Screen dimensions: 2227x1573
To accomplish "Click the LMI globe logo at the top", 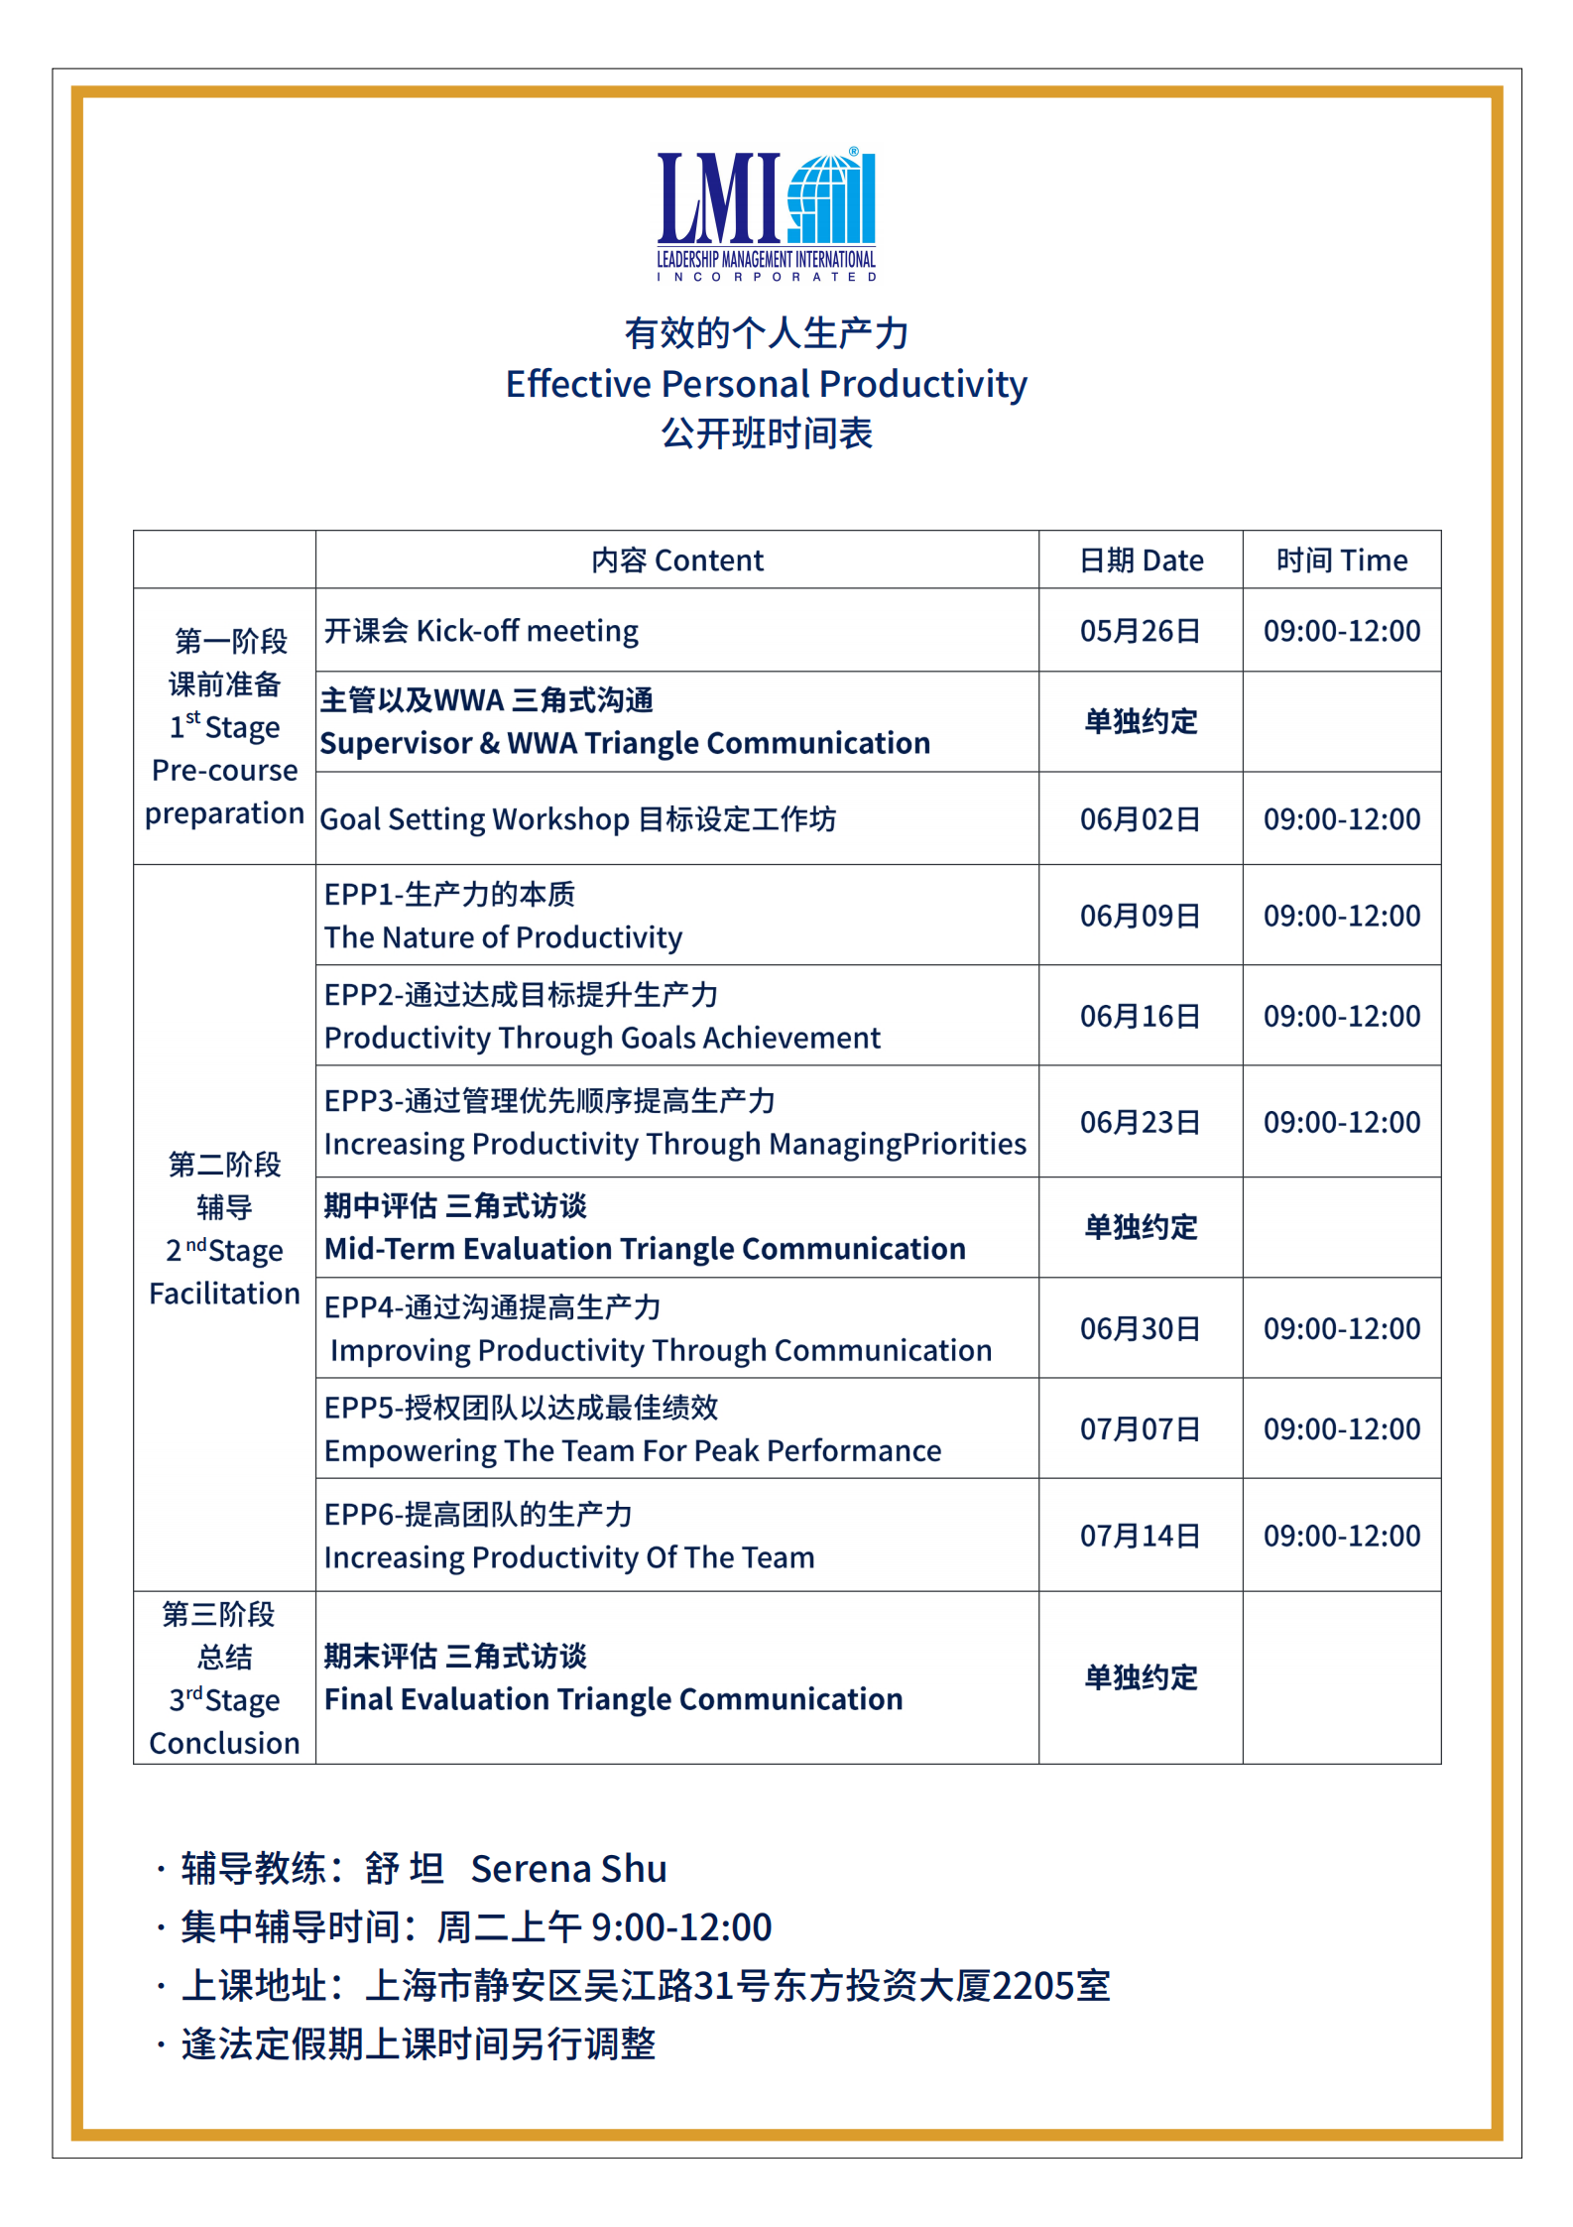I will click(x=767, y=214).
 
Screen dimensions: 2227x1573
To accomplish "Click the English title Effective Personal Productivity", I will click(x=766, y=384).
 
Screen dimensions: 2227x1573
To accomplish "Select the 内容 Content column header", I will click(x=677, y=560).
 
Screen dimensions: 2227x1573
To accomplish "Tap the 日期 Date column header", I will click(x=1141, y=560).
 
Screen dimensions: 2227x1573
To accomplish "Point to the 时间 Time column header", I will click(x=1341, y=560).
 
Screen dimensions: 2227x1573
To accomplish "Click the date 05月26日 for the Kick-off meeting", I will click(x=1141, y=631).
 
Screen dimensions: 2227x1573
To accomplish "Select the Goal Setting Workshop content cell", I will click(x=578, y=819).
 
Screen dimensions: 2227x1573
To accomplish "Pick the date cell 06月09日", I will click(x=1141, y=916).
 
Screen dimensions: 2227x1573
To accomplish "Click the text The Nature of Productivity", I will click(x=504, y=937).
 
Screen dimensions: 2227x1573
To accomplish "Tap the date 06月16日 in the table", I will click(x=1141, y=1016).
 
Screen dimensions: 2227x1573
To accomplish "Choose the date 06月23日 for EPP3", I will click(x=1141, y=1122).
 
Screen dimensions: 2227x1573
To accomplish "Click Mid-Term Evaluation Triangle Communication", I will click(x=645, y=1249).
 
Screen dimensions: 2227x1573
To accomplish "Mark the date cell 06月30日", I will click(x=1141, y=1328).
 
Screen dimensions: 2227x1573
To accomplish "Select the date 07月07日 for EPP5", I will click(x=1141, y=1428).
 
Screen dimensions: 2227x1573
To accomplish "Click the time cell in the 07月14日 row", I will click(x=1341, y=1536).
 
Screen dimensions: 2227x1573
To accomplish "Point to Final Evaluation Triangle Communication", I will click(x=613, y=1699).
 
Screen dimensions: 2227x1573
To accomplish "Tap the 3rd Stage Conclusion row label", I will click(x=224, y=1678).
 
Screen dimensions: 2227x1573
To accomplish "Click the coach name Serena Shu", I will click(x=568, y=1869).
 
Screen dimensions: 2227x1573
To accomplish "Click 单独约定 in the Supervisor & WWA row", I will click(x=1141, y=721).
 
